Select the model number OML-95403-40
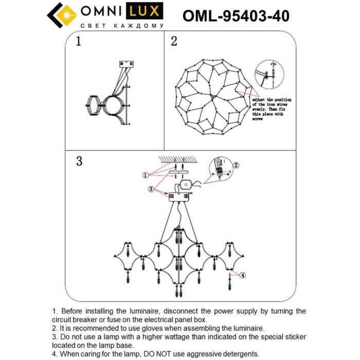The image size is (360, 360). pyautogui.click(x=236, y=16)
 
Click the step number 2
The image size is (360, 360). pyautogui.click(x=174, y=41)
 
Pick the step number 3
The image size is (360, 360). pyautogui.click(x=79, y=161)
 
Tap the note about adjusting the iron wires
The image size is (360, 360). pyautogui.click(x=272, y=108)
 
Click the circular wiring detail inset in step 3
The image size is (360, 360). pyautogui.click(x=220, y=170)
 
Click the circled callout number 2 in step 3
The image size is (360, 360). pyautogui.click(x=236, y=165)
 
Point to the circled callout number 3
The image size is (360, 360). pyautogui.click(x=151, y=190)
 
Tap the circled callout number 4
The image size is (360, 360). pyautogui.click(x=243, y=275)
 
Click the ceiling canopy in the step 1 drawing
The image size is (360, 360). pyautogui.click(x=125, y=64)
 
